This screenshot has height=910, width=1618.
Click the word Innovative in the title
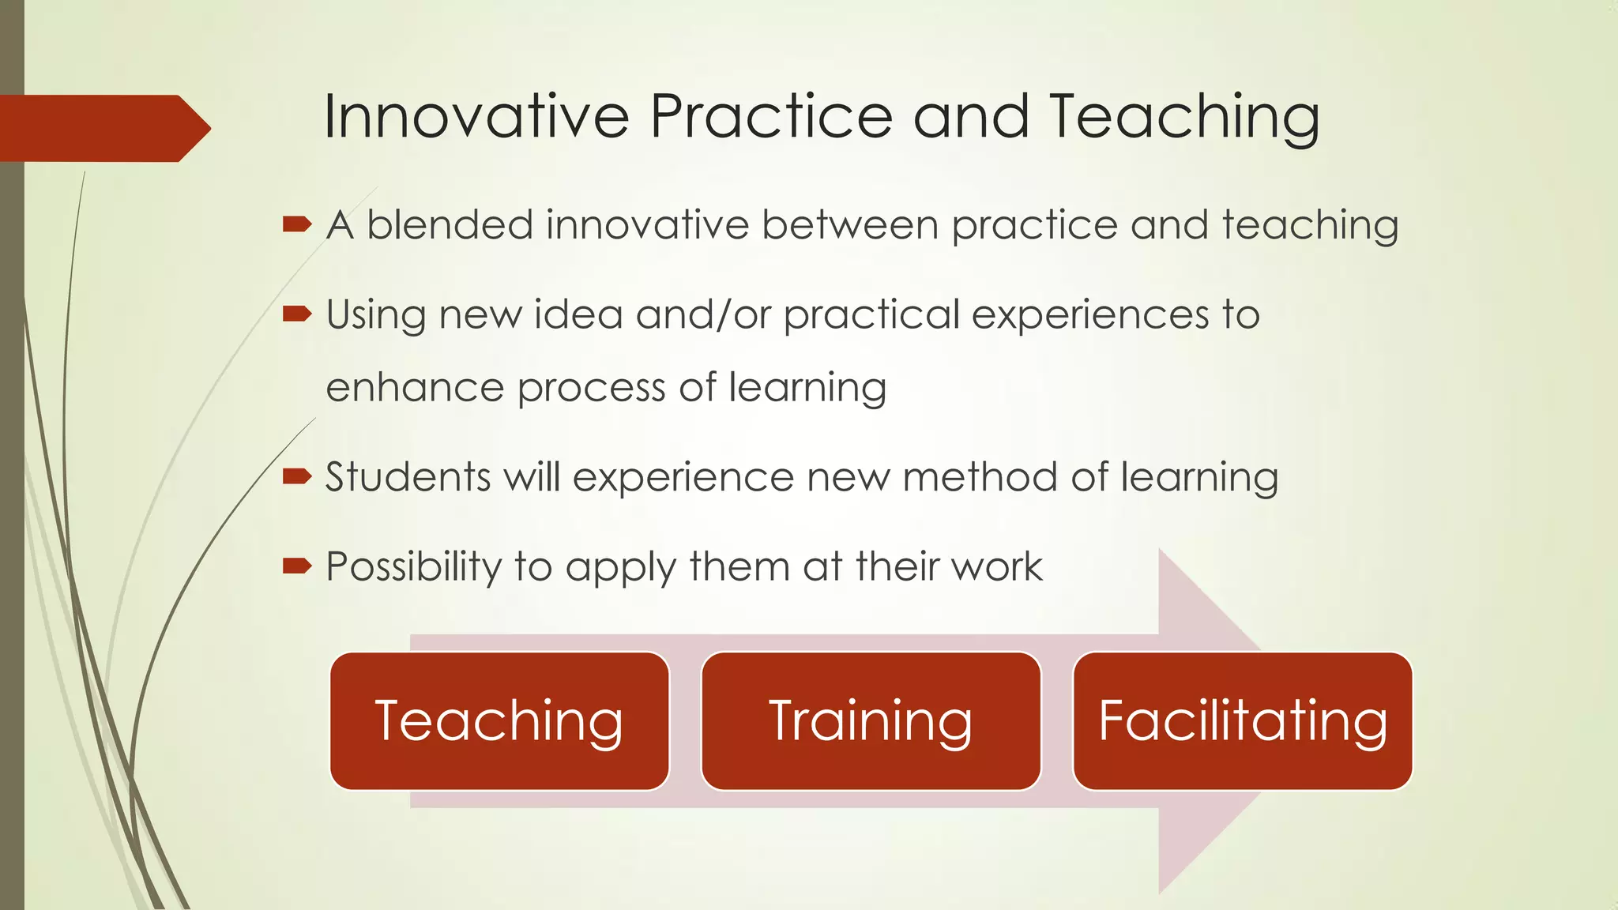pos(476,117)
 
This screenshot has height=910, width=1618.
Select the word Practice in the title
pos(771,117)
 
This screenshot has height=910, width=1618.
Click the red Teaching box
pos(499,720)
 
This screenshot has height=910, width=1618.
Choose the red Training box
pos(871,720)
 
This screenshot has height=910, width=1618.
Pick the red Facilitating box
pos(1243,720)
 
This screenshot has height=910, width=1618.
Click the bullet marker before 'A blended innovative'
pos(297,225)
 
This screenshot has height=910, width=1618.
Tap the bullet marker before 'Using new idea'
pos(297,314)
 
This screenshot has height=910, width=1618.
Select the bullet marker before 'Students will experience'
pos(297,476)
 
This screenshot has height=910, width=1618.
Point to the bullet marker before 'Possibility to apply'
pos(297,566)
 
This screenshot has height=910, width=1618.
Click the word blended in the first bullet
pos(450,224)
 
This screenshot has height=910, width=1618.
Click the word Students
pos(408,477)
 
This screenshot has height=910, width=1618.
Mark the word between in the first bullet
pos(851,224)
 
